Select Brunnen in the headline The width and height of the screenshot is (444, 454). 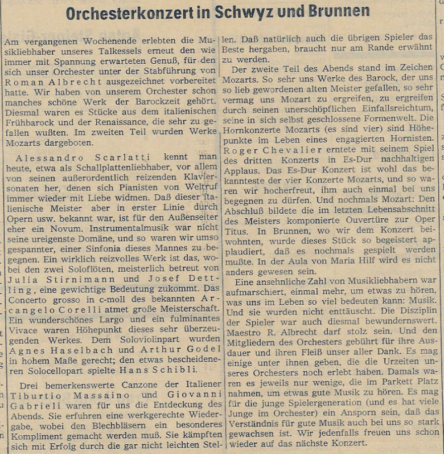click(x=338, y=13)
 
